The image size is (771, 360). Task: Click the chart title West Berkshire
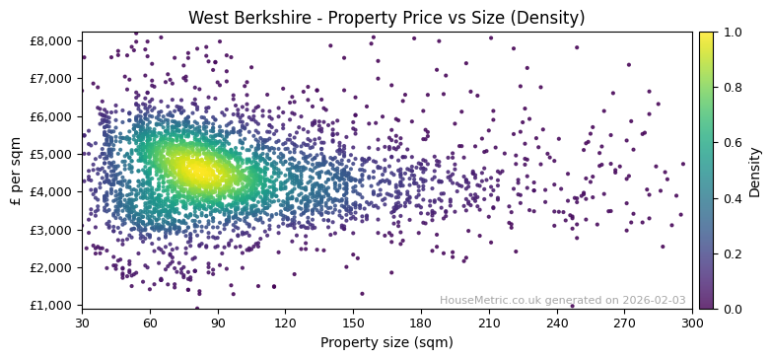pos(386,18)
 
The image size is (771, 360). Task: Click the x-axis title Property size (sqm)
pos(386,343)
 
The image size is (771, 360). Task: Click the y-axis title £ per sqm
pos(16,171)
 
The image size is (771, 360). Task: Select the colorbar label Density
pos(754,171)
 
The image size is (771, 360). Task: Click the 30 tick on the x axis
pos(82,322)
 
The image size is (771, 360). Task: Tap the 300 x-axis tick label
pos(692,322)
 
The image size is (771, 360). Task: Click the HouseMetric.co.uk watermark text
pos(562,300)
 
